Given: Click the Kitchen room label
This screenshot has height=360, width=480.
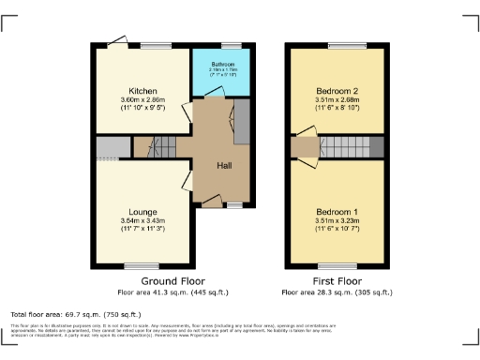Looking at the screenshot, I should coord(141,91).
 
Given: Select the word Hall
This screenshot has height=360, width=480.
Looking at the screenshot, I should coord(225,166).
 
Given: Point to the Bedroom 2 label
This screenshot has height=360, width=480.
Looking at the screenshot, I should coord(337,91).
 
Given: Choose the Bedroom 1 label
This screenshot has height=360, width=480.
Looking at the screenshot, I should coord(337,212).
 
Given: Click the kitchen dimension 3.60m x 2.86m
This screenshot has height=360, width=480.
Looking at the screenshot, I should coord(142,99).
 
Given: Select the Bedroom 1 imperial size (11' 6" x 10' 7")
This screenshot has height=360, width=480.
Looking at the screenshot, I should coord(337,229).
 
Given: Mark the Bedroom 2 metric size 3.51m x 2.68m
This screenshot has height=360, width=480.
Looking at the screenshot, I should coord(337,99).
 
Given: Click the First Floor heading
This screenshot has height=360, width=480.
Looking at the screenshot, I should coord(337,281).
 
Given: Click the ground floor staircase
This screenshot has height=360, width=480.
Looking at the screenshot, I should coord(145,146).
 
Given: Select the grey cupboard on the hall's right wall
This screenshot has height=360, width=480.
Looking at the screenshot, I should coord(240,122).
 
